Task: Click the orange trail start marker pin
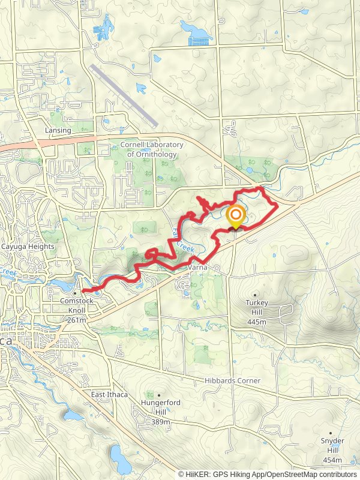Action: (236, 217)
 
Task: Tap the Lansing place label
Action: (58, 130)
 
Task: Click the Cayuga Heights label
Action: (28, 247)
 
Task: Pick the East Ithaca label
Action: (109, 394)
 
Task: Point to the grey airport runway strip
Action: (124, 95)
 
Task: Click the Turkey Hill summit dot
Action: (256, 295)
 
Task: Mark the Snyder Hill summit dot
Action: (331, 431)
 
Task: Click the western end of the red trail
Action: (83, 291)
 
